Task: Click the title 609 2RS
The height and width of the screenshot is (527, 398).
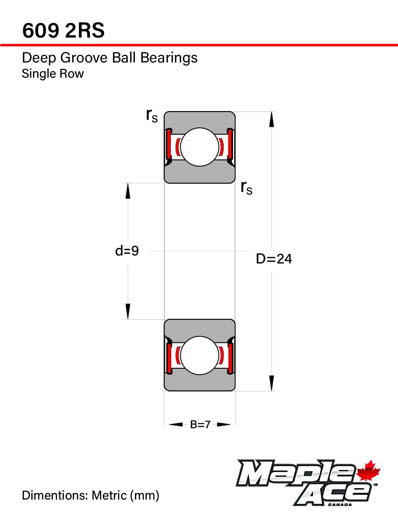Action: tap(63, 31)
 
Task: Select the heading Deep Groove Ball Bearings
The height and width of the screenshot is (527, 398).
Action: tap(110, 58)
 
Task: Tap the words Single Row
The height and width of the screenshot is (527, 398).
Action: tap(53, 74)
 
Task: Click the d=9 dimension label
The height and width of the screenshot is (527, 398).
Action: tap(127, 251)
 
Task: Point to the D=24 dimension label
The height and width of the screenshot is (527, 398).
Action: tap(274, 259)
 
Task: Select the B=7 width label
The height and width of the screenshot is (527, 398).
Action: tap(200, 424)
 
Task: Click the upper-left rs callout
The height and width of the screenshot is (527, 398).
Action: tap(151, 115)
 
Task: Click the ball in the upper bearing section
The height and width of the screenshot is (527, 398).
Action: tap(200, 147)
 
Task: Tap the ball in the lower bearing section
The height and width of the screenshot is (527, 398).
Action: tap(200, 355)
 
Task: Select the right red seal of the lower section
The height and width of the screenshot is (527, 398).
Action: tap(231, 358)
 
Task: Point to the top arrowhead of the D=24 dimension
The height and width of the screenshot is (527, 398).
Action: tap(272, 119)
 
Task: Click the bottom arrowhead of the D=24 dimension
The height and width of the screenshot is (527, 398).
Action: tap(272, 383)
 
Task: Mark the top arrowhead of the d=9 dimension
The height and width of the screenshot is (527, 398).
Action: tap(128, 191)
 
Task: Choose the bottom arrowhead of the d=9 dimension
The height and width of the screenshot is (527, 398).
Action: tap(128, 312)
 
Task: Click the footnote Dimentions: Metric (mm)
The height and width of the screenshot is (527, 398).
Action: tap(91, 495)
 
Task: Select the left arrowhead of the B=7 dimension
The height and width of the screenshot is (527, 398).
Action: tap(176, 424)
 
